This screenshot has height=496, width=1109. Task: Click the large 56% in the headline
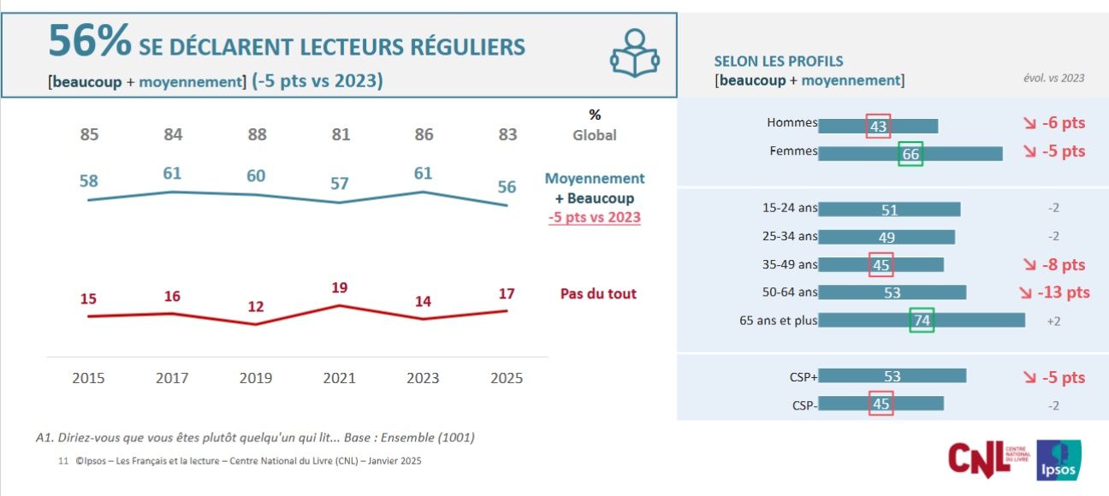tap(89, 42)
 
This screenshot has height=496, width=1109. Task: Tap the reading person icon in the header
tap(634, 52)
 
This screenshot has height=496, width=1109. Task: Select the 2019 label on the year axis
tap(256, 377)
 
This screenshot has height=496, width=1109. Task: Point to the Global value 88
tap(256, 134)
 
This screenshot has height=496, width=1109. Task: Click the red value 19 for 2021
tap(340, 288)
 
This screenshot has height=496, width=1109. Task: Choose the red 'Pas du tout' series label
tap(598, 293)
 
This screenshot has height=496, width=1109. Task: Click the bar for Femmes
tap(910, 154)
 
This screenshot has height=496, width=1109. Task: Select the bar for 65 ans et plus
tap(922, 321)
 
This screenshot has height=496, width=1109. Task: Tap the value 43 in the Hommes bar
tap(878, 127)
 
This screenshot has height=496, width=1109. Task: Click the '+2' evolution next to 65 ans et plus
tap(1053, 321)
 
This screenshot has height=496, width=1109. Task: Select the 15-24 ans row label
tap(790, 208)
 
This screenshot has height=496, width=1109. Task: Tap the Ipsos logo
tap(1059, 460)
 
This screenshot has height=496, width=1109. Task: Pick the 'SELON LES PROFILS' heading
tap(778, 62)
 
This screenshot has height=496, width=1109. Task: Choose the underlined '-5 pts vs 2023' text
tap(595, 216)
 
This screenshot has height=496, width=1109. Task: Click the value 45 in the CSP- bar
tap(881, 404)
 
